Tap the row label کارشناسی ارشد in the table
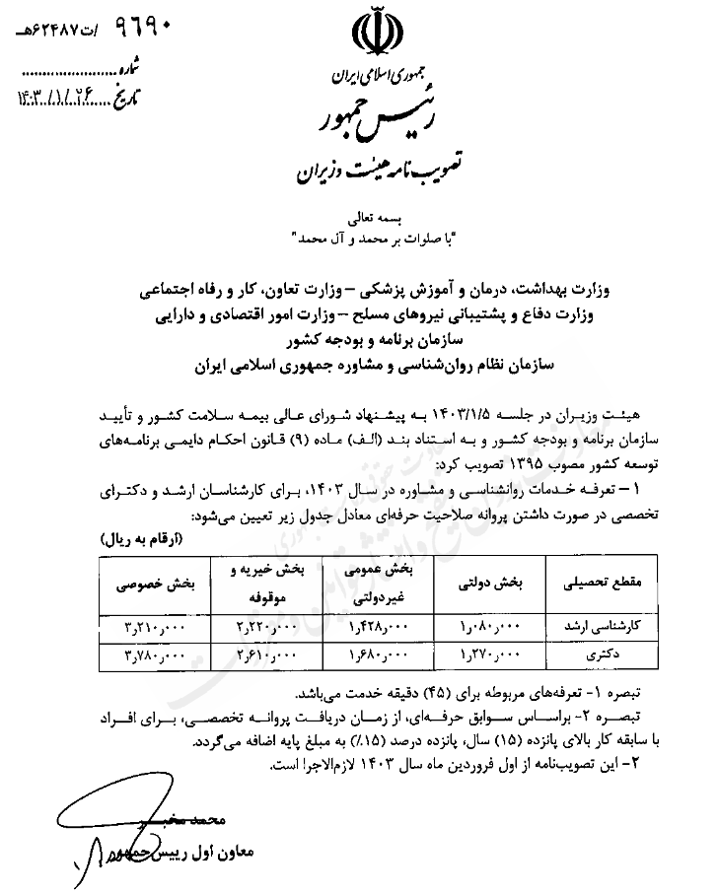(603, 626)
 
